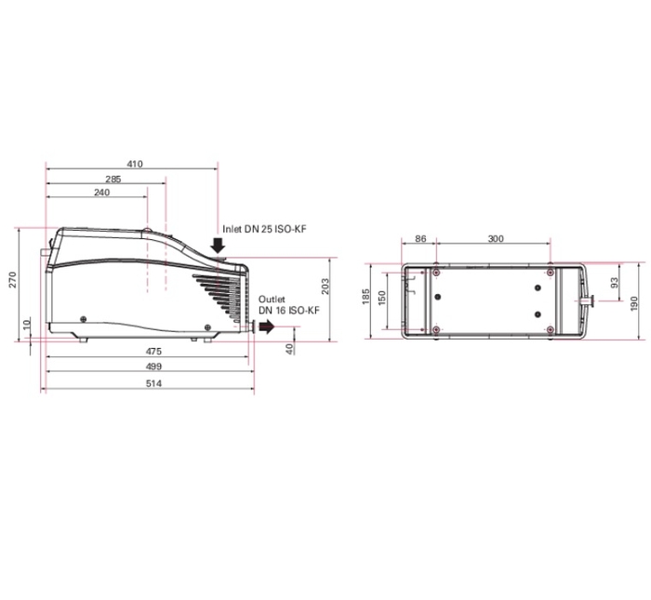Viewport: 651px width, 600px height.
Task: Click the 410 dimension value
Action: [135, 164]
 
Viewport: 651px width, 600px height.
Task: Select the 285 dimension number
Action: [113, 179]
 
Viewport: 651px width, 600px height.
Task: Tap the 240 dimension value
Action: [101, 193]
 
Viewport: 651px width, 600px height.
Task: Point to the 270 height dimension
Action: [12, 279]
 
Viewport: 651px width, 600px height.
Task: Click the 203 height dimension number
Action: [325, 287]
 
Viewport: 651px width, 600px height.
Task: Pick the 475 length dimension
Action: [153, 352]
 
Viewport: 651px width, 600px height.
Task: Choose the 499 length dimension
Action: [153, 367]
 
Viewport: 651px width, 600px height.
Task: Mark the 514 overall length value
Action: [153, 383]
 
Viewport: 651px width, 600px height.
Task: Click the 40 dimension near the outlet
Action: [290, 349]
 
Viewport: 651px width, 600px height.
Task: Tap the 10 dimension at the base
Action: [27, 325]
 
